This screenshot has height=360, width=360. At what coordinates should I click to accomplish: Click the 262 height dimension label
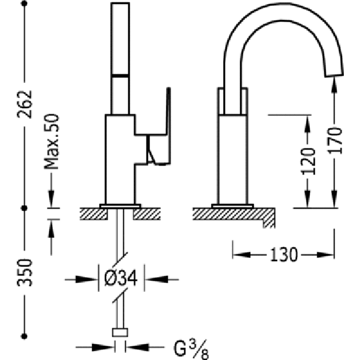click(x=25, y=104)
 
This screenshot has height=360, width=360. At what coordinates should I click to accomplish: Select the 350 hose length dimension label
click(x=25, y=272)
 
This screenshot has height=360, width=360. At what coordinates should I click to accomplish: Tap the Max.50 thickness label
click(x=52, y=142)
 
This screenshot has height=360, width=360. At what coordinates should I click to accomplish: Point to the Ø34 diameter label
click(x=121, y=278)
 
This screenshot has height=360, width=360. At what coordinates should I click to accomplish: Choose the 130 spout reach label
click(x=284, y=254)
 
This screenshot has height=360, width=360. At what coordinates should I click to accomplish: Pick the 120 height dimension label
click(x=308, y=161)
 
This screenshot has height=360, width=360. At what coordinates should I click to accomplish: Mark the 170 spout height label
click(x=335, y=141)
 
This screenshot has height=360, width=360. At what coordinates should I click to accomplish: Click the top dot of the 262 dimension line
click(x=24, y=4)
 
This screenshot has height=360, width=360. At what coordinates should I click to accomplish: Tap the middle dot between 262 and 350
click(x=24, y=208)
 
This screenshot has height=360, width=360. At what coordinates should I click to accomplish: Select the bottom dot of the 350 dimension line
click(x=24, y=337)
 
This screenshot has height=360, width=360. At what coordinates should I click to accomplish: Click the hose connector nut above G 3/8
click(x=120, y=332)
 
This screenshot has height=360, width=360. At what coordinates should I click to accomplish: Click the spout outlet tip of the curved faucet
click(x=334, y=75)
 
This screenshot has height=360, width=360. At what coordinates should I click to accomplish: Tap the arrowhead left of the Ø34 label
click(x=86, y=280)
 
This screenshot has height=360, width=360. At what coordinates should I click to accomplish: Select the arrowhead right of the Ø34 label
click(x=157, y=280)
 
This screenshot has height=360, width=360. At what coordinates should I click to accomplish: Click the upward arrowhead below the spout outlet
click(x=334, y=85)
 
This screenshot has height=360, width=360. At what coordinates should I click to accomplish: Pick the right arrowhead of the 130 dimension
click(x=325, y=255)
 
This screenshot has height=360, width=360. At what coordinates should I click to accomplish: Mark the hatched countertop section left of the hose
click(x=94, y=214)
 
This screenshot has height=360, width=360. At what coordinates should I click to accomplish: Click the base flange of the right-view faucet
click(x=233, y=206)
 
